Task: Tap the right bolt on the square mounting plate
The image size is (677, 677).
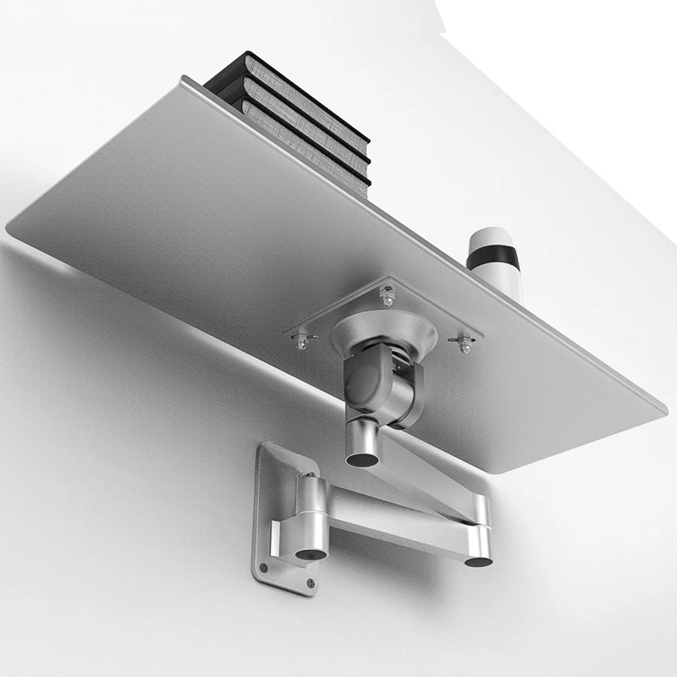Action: [x=464, y=345]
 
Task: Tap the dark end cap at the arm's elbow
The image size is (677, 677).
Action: [x=478, y=559]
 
